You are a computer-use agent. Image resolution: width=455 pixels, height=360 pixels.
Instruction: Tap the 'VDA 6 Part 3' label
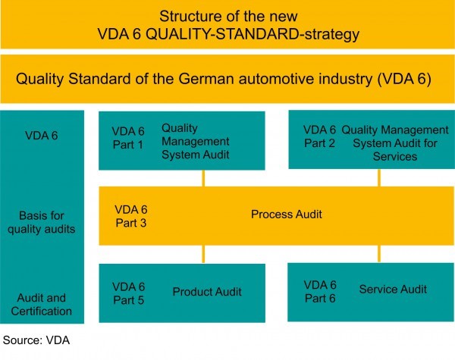[x=130, y=215]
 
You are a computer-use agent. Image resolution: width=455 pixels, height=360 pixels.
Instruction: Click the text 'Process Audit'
[x=287, y=214]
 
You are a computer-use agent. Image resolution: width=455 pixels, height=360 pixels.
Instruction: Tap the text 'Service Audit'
[x=393, y=289]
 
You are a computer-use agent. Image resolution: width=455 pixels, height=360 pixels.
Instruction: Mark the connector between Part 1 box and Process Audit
[x=202, y=178]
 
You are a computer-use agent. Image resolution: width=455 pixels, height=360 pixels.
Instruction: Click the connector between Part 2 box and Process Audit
[x=379, y=178]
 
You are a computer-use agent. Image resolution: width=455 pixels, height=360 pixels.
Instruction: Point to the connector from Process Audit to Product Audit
[x=202, y=254]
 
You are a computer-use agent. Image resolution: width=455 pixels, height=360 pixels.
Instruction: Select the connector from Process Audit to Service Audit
[x=379, y=253]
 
